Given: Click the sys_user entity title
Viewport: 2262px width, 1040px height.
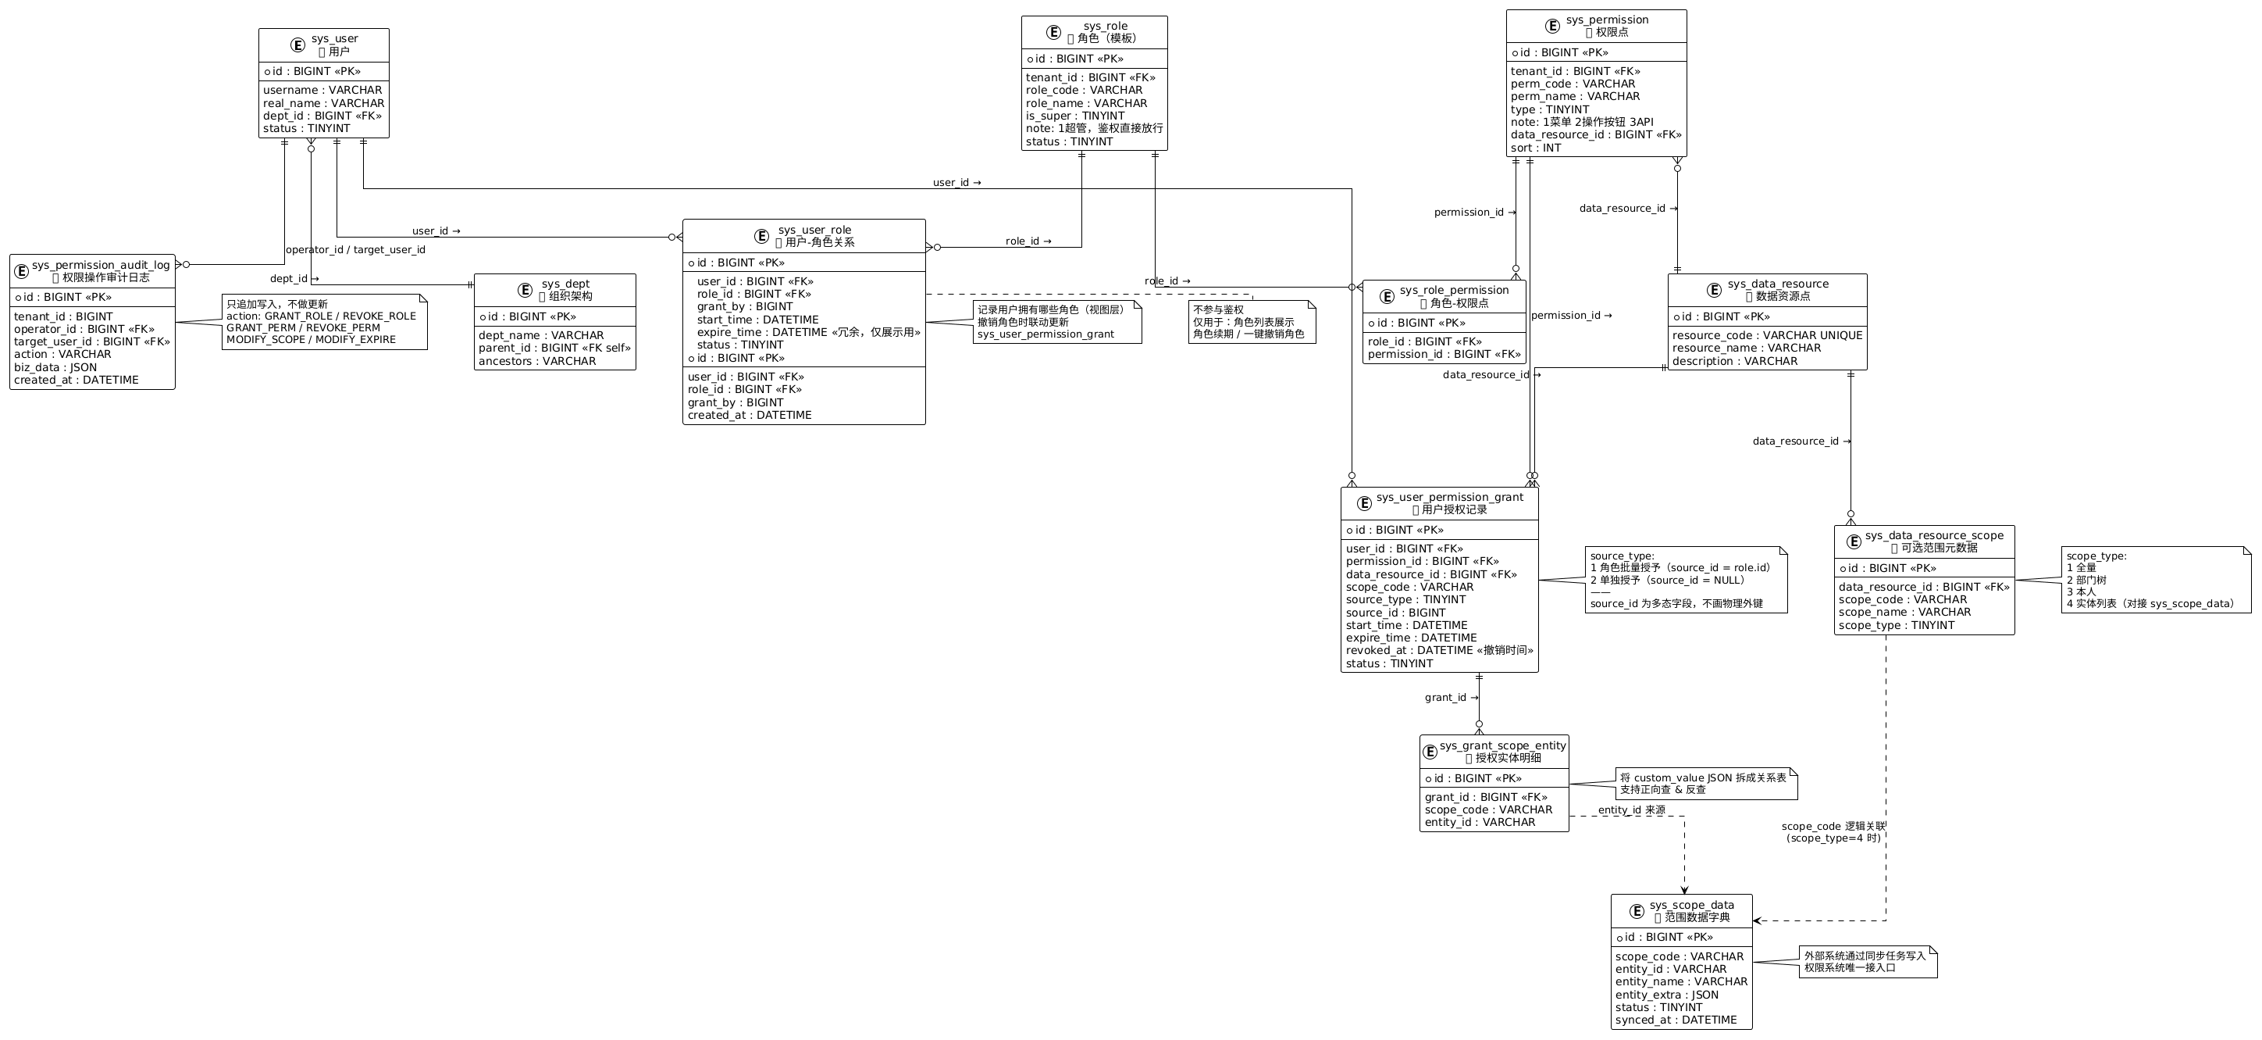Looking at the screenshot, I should click(333, 38).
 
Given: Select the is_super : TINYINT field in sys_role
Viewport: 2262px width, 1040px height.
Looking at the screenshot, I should click(1075, 116).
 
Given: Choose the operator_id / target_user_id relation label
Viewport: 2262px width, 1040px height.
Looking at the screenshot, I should click(355, 249).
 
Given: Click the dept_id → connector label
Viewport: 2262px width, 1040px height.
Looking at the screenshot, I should click(294, 278).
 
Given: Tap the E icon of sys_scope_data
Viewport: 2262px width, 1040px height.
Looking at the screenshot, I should click(1636, 911).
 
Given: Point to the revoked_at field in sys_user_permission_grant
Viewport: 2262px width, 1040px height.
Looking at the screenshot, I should click(1439, 650).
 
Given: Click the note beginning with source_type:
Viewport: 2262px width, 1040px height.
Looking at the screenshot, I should click(1685, 580).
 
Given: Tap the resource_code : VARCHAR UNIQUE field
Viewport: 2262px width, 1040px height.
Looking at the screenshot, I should click(1767, 335).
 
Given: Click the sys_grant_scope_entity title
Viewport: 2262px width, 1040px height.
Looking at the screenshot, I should click(1502, 745).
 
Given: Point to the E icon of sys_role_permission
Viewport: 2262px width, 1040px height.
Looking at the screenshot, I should click(1387, 296).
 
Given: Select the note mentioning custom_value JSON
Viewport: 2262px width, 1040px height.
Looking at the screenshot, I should click(1705, 784).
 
